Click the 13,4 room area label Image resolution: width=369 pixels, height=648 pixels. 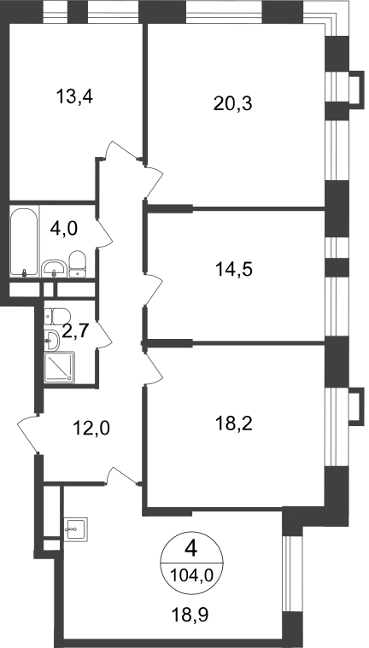(74, 97)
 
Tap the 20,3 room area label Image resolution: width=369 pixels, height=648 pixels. (233, 103)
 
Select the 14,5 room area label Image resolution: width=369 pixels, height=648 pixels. (234, 270)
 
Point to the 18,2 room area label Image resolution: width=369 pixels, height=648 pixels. (234, 423)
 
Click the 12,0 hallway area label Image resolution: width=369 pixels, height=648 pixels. (91, 429)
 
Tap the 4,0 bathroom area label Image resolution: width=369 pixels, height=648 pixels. (64, 228)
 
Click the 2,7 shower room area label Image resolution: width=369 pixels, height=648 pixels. (74, 331)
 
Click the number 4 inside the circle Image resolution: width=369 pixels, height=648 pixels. (191, 550)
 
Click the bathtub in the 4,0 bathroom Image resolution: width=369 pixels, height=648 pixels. (25, 242)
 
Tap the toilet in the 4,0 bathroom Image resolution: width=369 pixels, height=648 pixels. (78, 264)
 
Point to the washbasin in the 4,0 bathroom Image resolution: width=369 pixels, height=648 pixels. (54, 269)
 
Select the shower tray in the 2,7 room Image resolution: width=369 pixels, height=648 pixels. (60, 367)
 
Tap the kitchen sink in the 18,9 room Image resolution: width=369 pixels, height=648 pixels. (76, 530)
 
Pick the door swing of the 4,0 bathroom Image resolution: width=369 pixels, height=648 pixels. (105, 233)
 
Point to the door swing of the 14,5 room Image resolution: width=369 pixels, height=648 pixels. (153, 290)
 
